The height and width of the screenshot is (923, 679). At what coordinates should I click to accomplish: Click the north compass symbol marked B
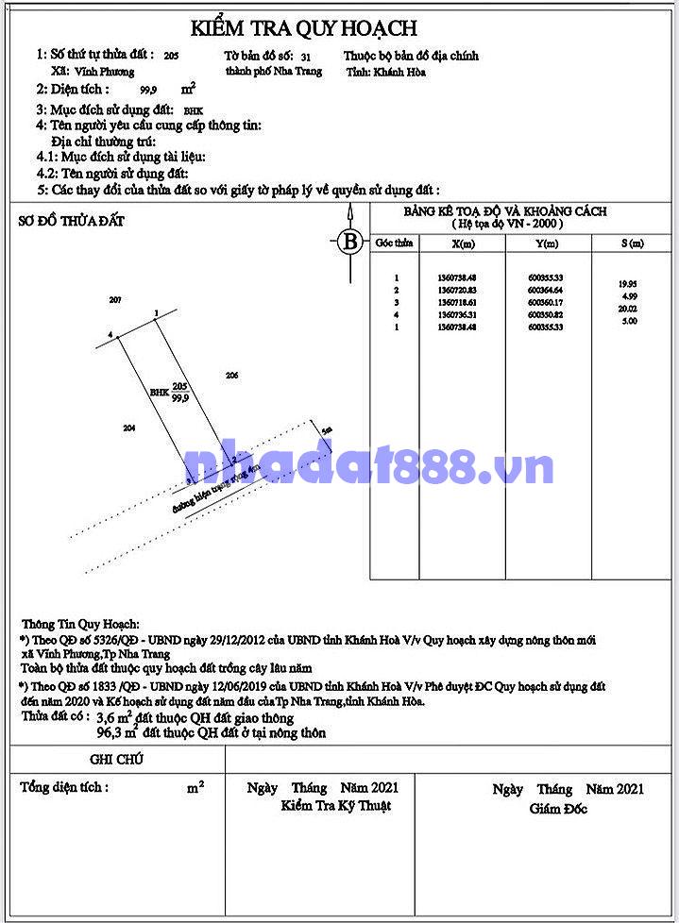[350, 241]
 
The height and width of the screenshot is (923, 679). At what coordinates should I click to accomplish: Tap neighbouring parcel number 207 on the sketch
[116, 300]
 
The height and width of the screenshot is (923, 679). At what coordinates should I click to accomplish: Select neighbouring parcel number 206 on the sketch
[232, 376]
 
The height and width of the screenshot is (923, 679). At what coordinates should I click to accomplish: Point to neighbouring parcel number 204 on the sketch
[130, 428]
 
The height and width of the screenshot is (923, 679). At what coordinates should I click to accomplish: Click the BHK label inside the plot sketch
[159, 393]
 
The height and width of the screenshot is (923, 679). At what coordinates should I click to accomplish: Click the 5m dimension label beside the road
[327, 430]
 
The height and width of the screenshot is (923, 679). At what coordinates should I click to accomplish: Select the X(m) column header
[464, 244]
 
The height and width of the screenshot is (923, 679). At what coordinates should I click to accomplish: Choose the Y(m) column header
[546, 244]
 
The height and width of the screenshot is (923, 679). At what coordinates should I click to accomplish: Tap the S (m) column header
[632, 243]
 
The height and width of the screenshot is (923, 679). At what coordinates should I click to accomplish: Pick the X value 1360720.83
[458, 290]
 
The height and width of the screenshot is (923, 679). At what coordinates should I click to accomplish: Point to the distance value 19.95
[626, 283]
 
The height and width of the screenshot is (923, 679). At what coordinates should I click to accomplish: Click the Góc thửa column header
[395, 243]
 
